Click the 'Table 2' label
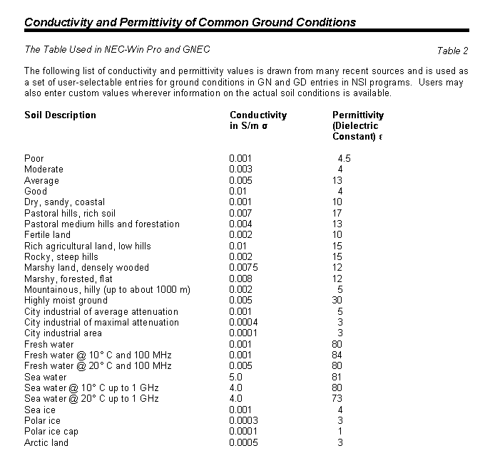pos(453,51)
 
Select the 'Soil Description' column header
pos(60,115)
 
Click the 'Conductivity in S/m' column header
pos(258,120)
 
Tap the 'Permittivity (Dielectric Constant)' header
pos(358,125)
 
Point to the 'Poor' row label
pos(34,159)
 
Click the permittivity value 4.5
pos(344,159)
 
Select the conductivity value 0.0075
pos(245,268)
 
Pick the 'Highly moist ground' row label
pos(66,301)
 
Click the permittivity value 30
pos(338,301)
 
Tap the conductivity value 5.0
pos(237,377)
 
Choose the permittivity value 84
pos(338,355)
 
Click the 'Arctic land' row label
pos(46,443)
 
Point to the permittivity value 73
pos(338,399)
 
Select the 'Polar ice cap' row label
pos(51,432)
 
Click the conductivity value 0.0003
pos(244,421)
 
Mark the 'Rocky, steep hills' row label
pos(61,257)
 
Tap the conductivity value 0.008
pos(241,279)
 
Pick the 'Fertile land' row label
pos(48,235)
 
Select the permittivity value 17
pos(338,213)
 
